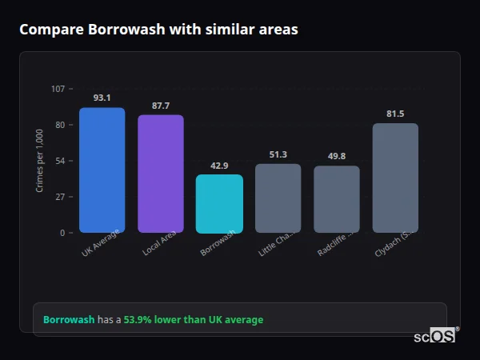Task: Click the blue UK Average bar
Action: [x=102, y=170]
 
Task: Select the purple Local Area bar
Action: [x=160, y=174]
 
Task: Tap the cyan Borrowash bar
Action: [x=219, y=204]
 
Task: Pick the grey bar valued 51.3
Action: [x=278, y=198]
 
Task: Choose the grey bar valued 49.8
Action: [x=336, y=199]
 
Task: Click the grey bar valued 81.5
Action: [x=395, y=178]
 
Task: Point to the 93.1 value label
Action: [x=102, y=98]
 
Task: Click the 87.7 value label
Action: [x=160, y=106]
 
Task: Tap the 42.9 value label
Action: [x=219, y=166]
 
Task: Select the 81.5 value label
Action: [x=395, y=114]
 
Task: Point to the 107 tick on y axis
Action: [x=58, y=89]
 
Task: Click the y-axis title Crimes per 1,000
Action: [x=40, y=161]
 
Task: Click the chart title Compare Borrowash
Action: [x=158, y=30]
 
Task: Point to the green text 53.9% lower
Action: [x=193, y=320]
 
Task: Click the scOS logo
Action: [x=435, y=336]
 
